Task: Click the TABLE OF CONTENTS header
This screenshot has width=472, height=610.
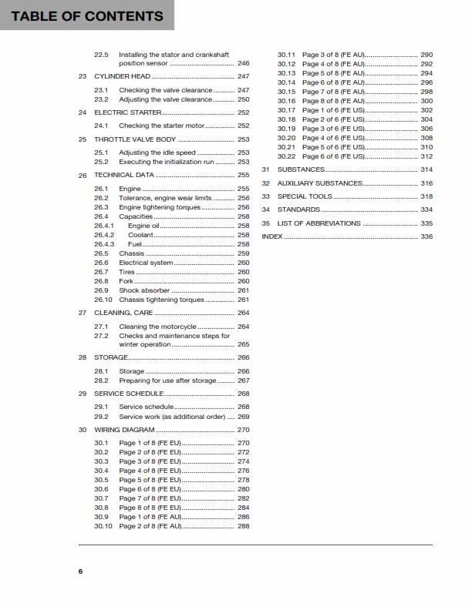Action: tap(87, 15)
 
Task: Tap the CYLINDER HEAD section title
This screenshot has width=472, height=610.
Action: tap(122, 77)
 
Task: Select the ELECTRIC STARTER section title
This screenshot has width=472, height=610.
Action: tap(127, 112)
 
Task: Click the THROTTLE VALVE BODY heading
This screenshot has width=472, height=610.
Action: tap(135, 139)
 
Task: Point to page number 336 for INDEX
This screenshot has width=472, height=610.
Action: tap(426, 236)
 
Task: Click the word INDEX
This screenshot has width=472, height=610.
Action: tap(272, 236)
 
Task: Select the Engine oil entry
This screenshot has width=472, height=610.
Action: tap(144, 226)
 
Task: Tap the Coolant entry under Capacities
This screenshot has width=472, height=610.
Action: tap(141, 235)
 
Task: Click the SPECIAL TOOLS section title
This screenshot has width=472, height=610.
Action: tap(305, 196)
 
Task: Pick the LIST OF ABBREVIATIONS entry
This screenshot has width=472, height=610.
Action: tap(319, 223)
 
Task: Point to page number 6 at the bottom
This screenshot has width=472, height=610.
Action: tap(80, 571)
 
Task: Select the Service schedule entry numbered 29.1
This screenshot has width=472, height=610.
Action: tap(146, 407)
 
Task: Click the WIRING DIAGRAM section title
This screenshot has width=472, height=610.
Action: tap(124, 430)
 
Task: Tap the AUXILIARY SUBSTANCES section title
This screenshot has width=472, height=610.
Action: tap(319, 183)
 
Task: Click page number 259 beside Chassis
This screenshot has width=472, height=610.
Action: tap(244, 253)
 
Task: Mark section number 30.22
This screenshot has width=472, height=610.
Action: tap(286, 156)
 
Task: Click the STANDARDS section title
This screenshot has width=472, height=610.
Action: tap(298, 209)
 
